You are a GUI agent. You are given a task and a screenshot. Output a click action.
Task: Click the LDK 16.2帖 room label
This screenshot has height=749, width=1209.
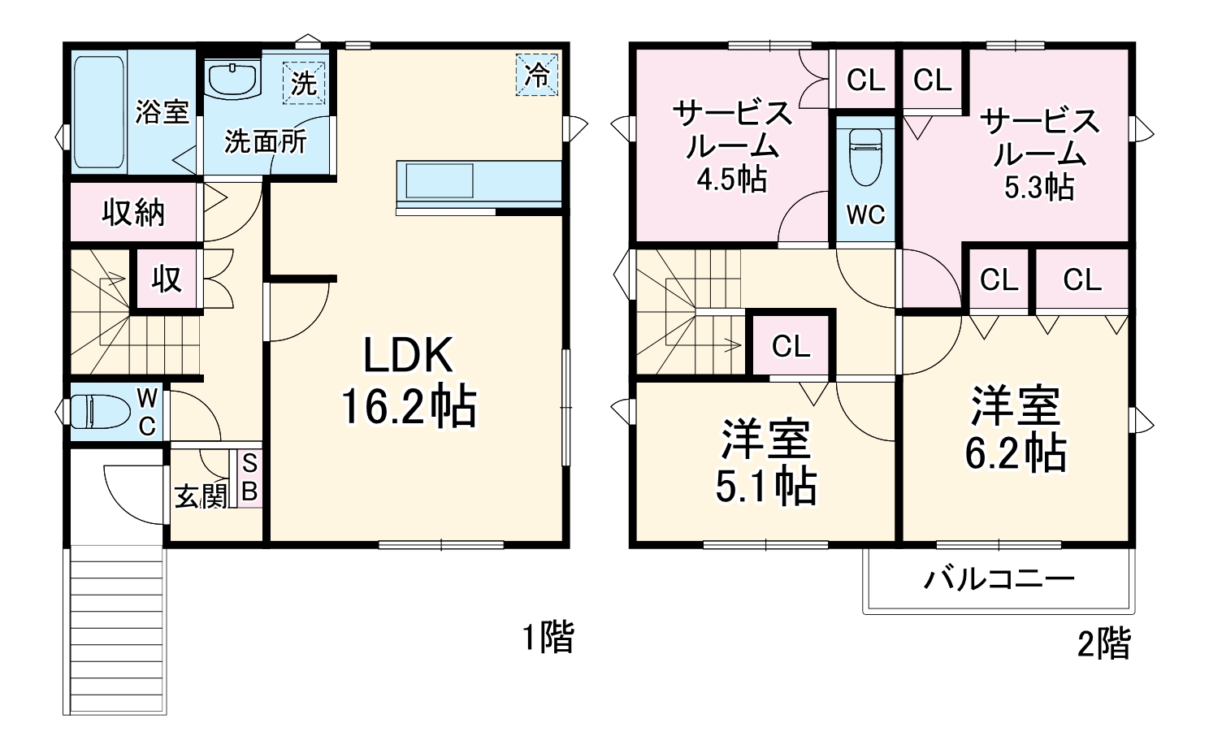(407, 381)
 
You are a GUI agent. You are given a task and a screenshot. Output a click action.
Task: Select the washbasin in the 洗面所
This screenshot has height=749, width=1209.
(232, 80)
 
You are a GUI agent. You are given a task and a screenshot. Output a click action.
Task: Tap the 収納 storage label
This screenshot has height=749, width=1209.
(133, 213)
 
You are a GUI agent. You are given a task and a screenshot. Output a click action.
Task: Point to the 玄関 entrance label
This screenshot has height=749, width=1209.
(201, 496)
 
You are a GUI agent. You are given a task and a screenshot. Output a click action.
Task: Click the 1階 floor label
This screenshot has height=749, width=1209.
(548, 637)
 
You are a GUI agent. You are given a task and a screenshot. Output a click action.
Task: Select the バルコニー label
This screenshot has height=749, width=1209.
(999, 579)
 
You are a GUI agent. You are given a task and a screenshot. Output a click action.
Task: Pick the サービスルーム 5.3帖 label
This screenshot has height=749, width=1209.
(1038, 154)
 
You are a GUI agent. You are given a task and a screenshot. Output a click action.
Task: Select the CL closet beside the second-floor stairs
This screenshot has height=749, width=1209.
(791, 346)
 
